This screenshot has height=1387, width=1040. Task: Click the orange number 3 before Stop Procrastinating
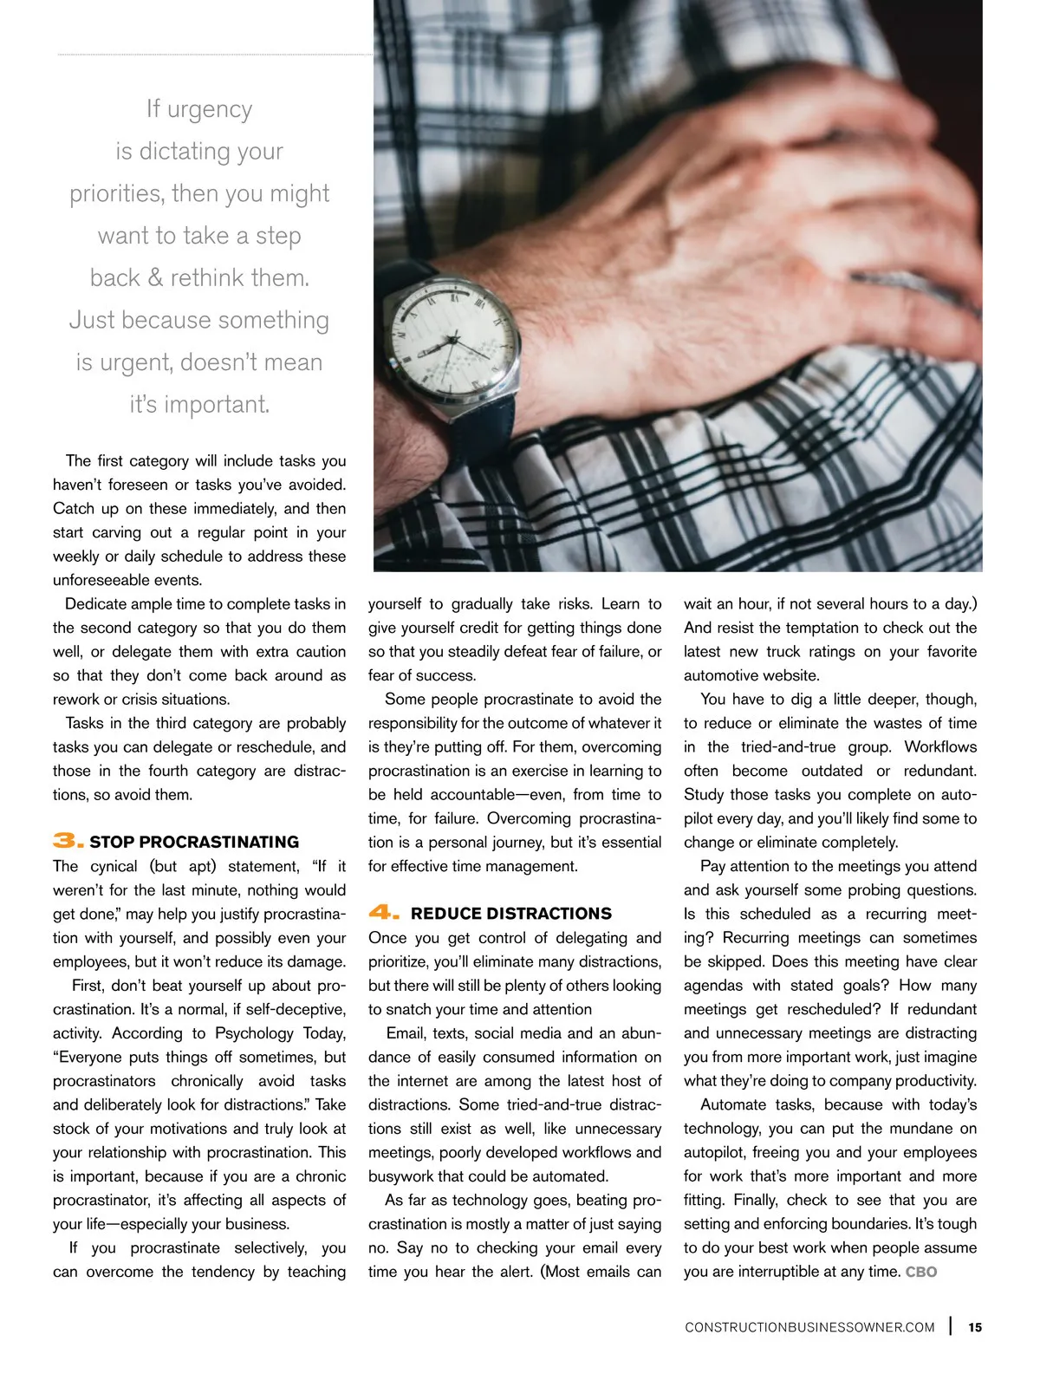68,840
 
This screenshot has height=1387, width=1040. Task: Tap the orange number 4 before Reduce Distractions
383,912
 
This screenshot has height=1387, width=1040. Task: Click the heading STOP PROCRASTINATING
194,842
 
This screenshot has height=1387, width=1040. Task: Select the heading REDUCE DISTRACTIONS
511,914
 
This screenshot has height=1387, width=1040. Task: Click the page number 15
975,1327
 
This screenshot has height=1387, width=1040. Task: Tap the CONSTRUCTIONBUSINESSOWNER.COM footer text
809,1327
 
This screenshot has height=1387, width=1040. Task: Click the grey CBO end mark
921,1272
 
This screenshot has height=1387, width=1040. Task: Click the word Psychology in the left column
254,1032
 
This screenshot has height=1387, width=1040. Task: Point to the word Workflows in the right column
940,746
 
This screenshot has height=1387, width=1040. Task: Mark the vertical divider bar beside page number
952,1325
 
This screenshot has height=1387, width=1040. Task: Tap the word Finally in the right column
755,1200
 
